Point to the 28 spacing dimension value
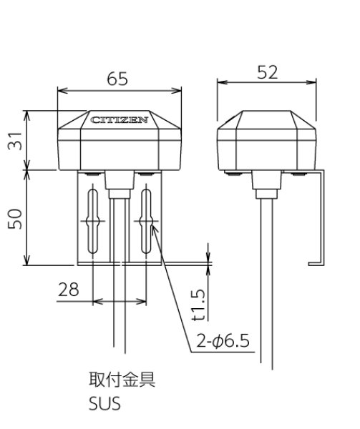(x=69, y=290)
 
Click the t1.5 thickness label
(x=201, y=305)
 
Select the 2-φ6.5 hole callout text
(x=222, y=342)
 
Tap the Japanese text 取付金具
(x=121, y=380)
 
